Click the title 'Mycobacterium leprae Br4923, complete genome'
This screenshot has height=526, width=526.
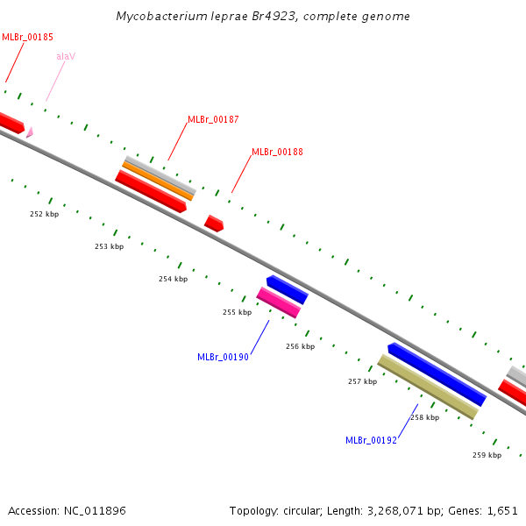(263, 17)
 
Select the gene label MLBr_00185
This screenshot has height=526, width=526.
(27, 37)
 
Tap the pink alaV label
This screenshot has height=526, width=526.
(66, 56)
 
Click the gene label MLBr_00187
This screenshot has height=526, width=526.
(213, 119)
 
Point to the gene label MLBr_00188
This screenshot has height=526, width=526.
(277, 152)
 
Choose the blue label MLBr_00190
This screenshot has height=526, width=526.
(223, 357)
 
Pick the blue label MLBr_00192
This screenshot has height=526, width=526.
(371, 440)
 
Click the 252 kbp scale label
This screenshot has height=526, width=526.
(44, 214)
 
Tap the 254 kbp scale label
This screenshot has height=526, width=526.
(173, 279)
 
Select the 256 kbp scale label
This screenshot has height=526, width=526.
(300, 346)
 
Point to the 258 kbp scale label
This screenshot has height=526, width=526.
(424, 417)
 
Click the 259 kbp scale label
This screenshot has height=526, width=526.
(487, 455)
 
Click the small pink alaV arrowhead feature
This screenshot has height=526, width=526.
(30, 132)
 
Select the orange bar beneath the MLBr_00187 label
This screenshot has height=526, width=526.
(158, 180)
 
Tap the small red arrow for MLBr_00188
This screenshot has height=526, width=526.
(214, 224)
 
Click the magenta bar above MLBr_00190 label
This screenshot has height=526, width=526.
(279, 302)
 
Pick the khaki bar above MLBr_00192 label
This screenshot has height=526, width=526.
(427, 387)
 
